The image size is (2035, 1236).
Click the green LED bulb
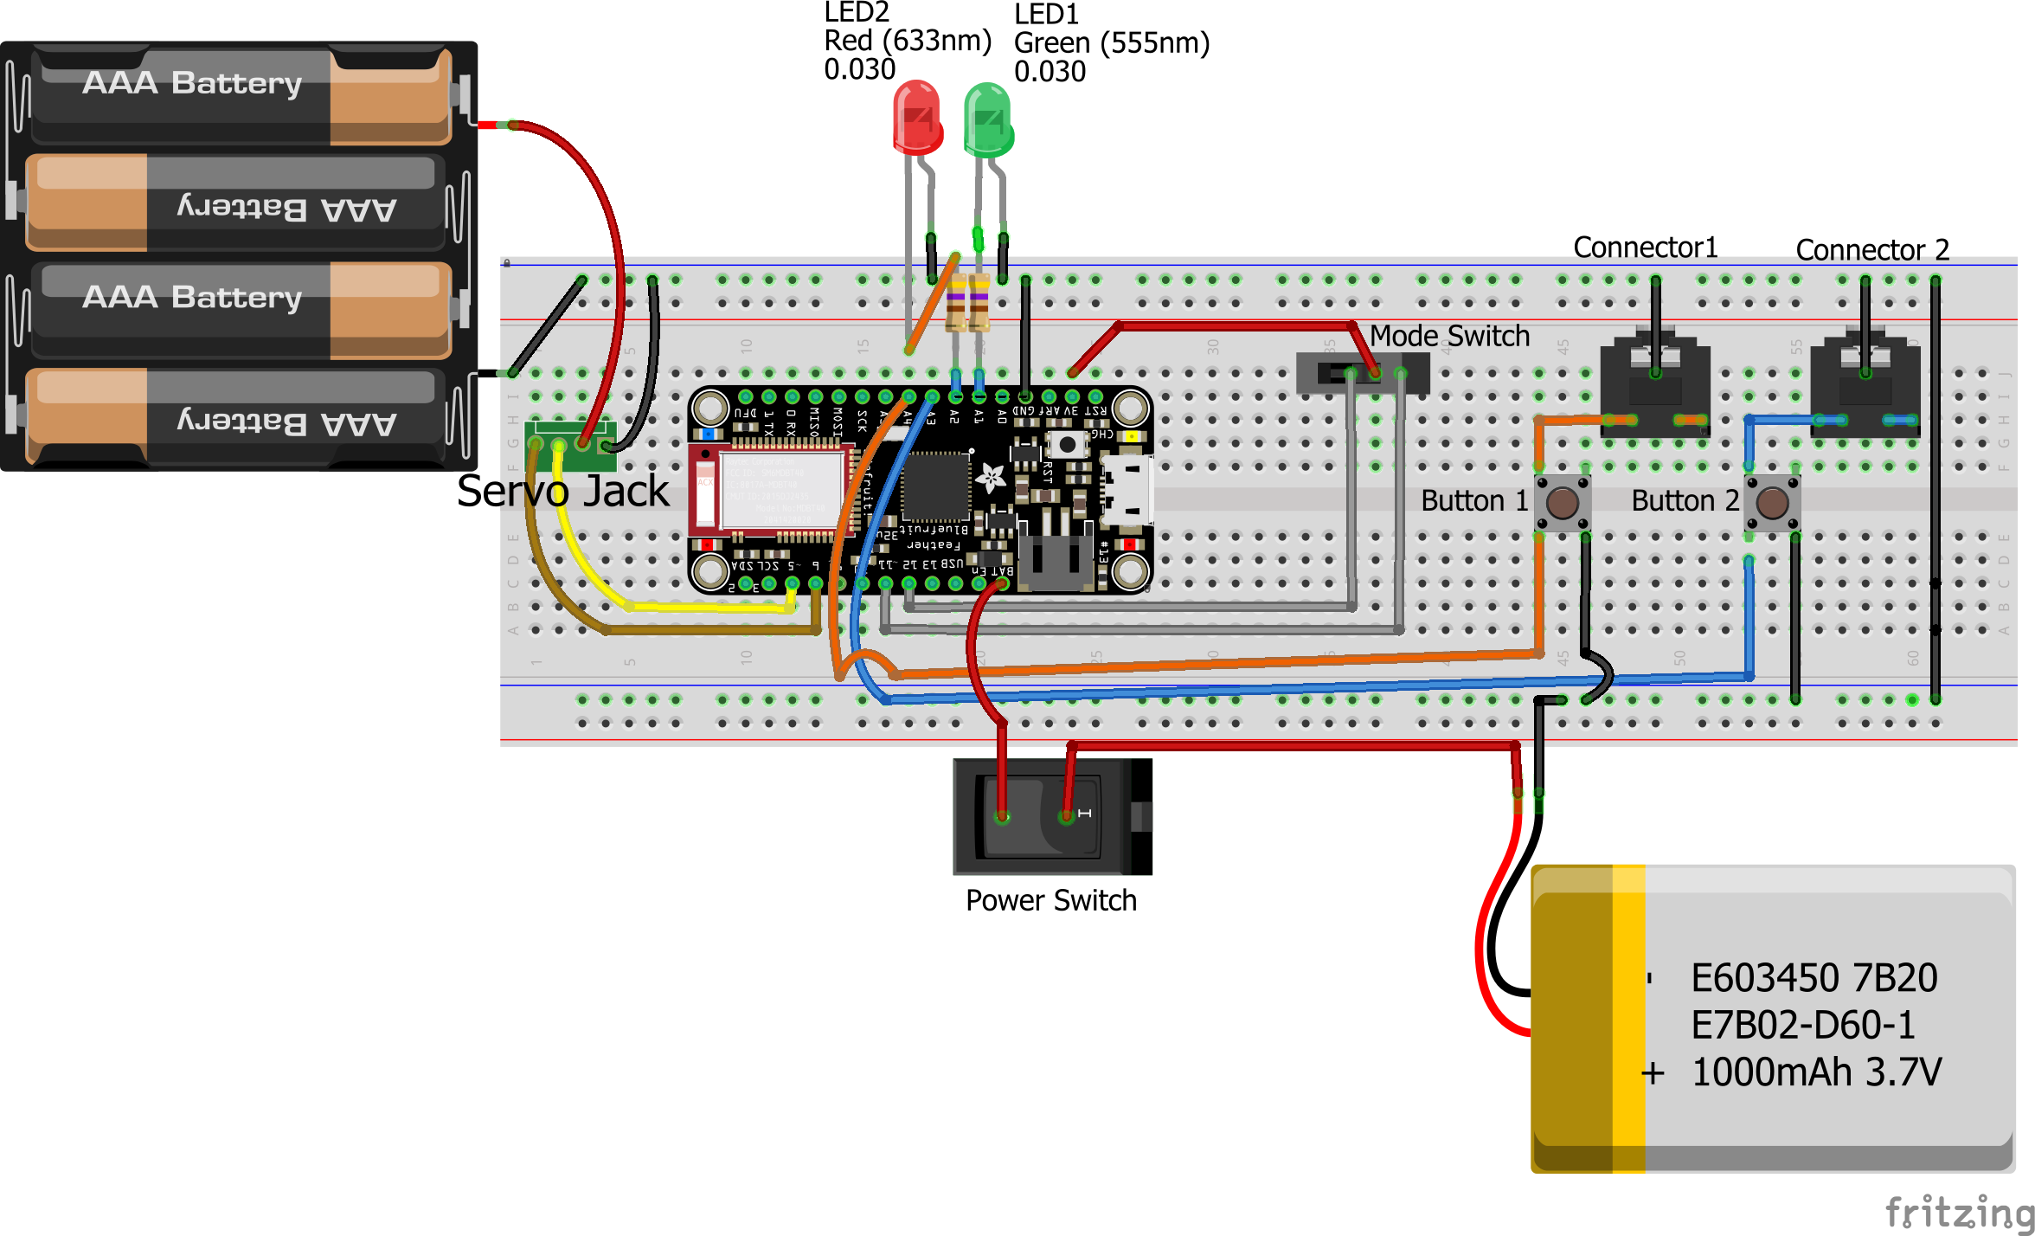pos(988,120)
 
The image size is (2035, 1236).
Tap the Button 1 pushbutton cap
pos(1563,502)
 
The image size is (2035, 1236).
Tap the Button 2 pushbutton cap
pos(1772,502)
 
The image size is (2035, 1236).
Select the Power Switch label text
pos(1050,901)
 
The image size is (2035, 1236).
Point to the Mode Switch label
pos(1449,336)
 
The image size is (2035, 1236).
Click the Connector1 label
pos(1645,248)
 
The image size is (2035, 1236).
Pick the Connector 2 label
pos(1872,250)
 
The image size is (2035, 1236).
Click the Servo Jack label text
pos(562,492)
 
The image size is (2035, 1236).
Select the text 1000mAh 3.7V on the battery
pos(1815,1072)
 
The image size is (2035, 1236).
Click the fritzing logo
pos(1959,1211)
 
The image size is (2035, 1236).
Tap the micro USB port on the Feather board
pos(1128,490)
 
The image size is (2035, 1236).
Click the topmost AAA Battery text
pos(192,83)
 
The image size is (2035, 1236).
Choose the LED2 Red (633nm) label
pos(907,41)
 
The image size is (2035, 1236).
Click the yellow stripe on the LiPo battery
pos(1628,1017)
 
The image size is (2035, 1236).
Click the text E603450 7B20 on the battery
pos(1814,979)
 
